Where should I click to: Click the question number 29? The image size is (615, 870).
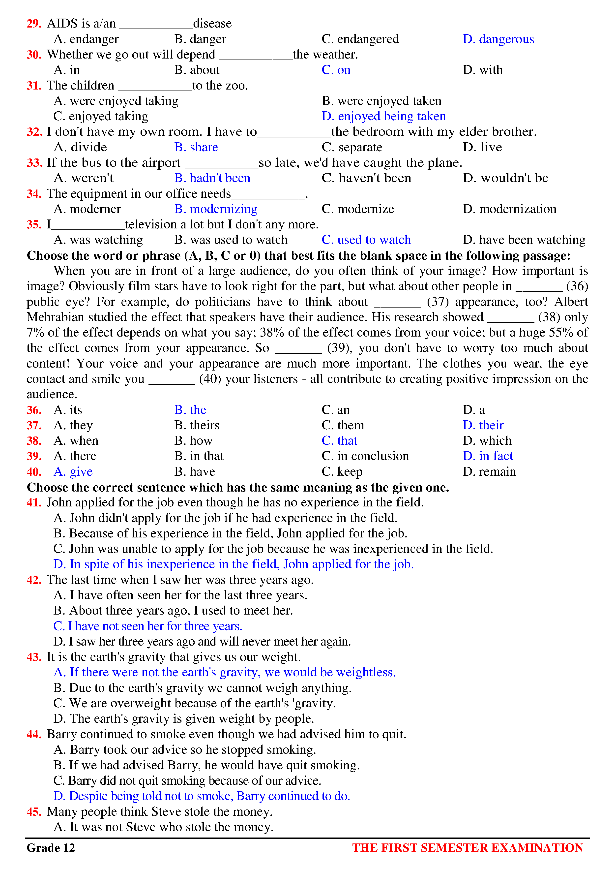pos(34,24)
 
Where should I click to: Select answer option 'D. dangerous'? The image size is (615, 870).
pos(498,39)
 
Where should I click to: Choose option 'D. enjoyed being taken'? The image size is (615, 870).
pos(384,116)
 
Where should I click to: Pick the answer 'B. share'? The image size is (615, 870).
pos(196,147)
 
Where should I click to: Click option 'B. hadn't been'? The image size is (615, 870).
pos(212,178)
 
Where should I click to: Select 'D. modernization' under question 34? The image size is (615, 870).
pos(509,209)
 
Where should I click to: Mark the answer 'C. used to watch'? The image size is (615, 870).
pos(366,240)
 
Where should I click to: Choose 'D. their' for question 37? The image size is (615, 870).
pos(483,425)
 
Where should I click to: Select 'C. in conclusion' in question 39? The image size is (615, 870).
pos(365,456)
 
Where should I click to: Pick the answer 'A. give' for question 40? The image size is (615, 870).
pos(73,472)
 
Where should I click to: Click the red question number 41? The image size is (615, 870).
pos(34,502)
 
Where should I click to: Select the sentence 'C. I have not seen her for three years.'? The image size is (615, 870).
pos(148,626)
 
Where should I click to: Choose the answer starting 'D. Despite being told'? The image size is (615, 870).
pos(202,796)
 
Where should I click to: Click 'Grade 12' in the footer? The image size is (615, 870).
pos(51,848)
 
